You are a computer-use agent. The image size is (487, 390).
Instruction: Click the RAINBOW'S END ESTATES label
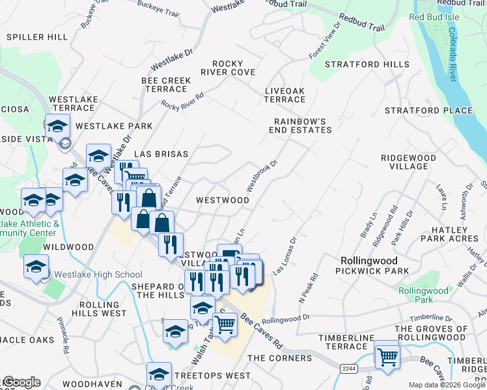303,125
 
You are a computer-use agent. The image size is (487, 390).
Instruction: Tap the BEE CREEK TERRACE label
166,84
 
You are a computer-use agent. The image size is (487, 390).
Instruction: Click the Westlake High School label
98,274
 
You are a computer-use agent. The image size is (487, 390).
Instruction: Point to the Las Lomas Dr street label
284,254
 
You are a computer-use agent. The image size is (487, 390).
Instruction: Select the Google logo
21,382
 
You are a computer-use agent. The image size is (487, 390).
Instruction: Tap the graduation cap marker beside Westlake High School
36,266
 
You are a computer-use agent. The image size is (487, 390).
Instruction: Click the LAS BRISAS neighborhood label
161,154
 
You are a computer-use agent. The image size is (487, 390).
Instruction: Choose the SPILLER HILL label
37,37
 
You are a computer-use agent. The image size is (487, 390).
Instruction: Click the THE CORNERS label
280,358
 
